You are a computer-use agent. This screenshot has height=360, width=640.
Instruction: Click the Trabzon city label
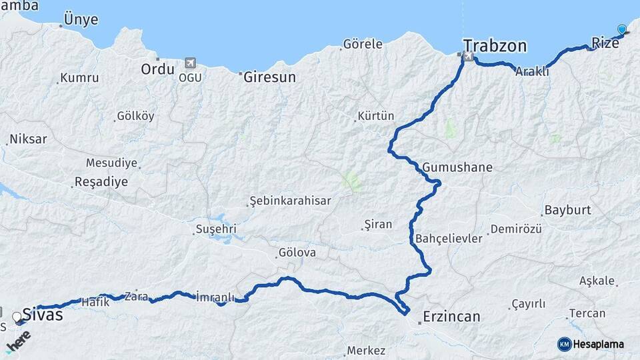[x=495, y=46]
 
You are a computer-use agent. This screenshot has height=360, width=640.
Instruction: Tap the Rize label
[x=605, y=43]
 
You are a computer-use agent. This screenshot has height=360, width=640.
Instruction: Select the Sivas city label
[x=43, y=314]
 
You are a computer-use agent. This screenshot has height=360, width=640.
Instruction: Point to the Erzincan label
[x=452, y=317]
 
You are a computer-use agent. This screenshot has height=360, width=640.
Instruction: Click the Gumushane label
[x=457, y=167]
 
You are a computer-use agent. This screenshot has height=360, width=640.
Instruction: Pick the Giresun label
[x=269, y=77]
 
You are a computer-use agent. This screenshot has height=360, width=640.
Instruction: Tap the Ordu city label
[x=157, y=69]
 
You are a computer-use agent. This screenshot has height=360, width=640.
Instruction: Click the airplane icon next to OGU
[x=190, y=63]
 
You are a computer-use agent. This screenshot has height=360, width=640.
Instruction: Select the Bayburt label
[x=567, y=210]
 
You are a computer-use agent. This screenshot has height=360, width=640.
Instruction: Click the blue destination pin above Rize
[x=622, y=29]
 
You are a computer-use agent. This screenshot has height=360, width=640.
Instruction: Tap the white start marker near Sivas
[x=17, y=317]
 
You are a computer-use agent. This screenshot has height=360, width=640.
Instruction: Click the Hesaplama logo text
[x=598, y=344]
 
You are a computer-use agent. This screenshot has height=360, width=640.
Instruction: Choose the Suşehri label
[x=215, y=229]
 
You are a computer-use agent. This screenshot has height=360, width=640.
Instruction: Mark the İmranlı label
[x=215, y=297]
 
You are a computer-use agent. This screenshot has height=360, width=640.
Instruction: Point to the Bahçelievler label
[x=448, y=239]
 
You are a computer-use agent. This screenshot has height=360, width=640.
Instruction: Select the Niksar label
[x=28, y=139]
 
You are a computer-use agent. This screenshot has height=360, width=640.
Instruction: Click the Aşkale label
[x=597, y=281]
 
